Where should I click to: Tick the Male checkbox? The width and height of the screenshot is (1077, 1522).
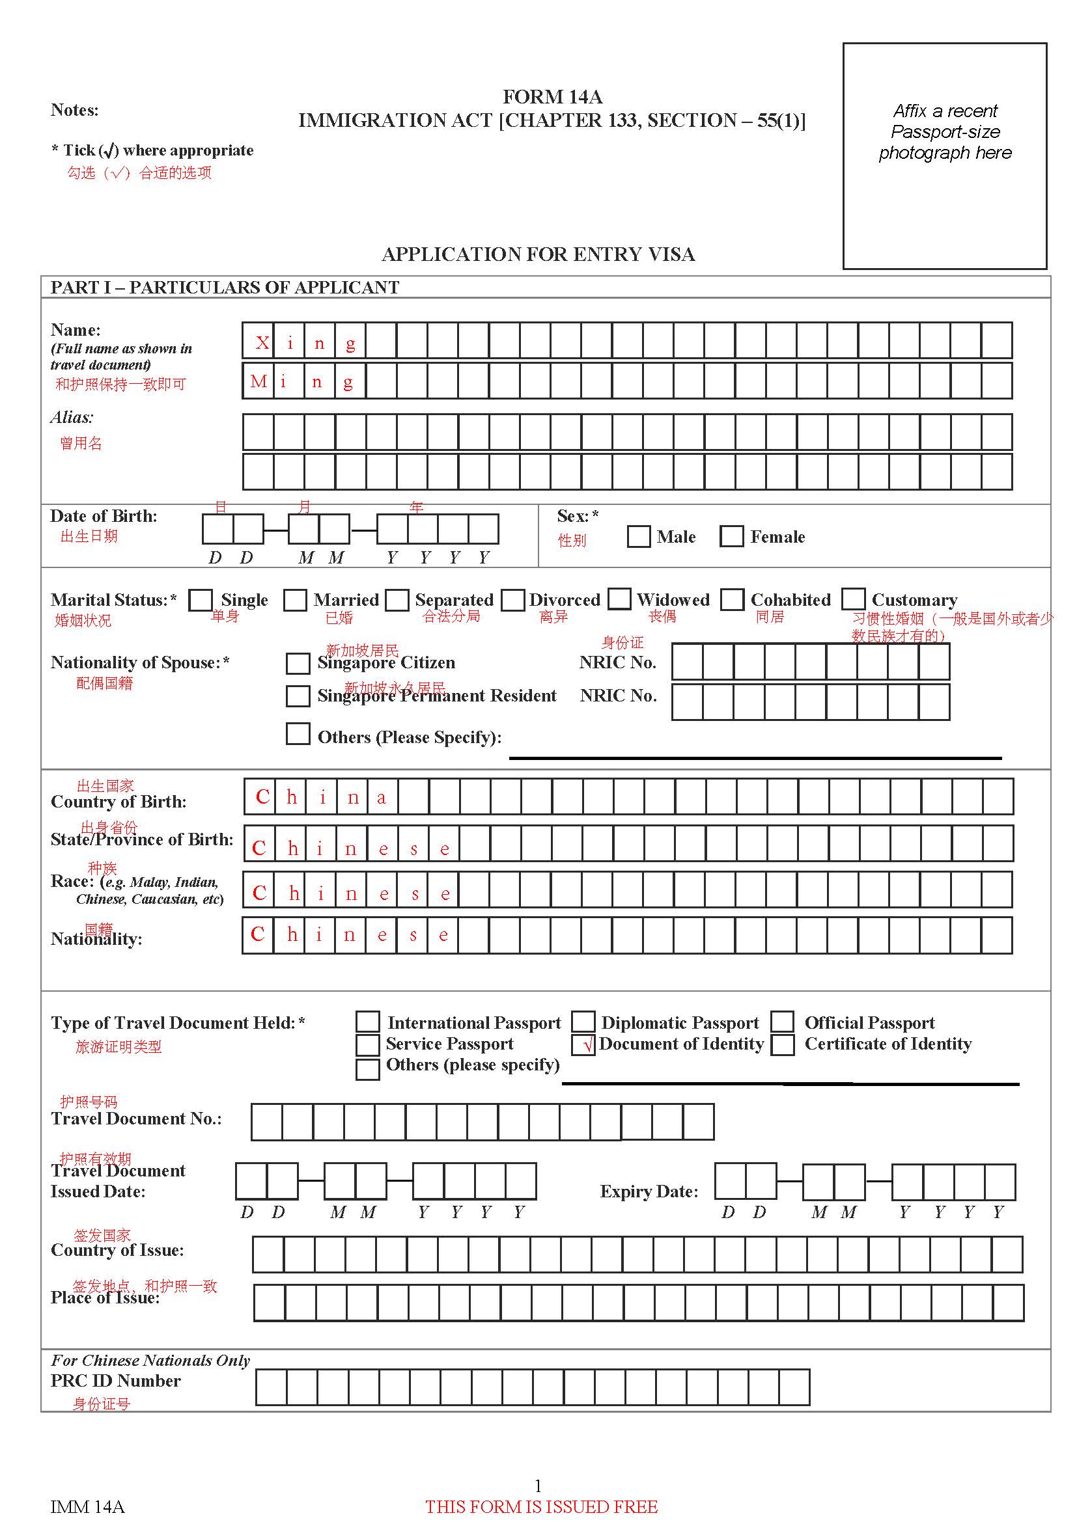coord(638,536)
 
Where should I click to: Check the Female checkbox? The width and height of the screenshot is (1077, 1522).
coord(731,536)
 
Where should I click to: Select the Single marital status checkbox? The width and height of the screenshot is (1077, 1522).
coord(201,600)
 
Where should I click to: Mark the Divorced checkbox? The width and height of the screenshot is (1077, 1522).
coord(512,600)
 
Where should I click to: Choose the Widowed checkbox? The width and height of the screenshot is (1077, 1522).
coord(619,599)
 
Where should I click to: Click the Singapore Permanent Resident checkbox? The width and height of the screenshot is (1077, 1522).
coord(298,696)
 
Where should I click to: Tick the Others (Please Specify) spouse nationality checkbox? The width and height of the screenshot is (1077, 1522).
coord(298,734)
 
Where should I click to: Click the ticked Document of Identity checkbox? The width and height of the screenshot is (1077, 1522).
coord(583,1046)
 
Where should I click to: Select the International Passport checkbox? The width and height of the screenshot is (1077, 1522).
coord(367,1022)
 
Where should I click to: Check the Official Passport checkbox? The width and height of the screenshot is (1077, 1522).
coord(783,1022)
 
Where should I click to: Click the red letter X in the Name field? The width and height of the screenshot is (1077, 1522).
coord(262,343)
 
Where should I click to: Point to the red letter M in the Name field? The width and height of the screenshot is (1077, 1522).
coord(258,381)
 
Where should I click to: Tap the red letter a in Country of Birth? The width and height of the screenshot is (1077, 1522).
coord(382,798)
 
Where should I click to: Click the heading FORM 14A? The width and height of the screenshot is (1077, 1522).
coord(552,97)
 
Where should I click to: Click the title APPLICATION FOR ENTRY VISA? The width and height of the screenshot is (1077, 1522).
coord(538,254)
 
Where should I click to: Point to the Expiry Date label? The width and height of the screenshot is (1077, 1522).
coord(649,1191)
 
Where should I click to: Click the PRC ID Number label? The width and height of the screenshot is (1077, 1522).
coord(115,1381)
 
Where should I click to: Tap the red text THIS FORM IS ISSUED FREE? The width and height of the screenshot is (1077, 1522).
coord(541,1507)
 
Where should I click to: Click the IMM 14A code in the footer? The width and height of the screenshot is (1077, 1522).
coord(87,1507)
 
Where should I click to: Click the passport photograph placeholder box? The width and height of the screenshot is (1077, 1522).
coord(944,156)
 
